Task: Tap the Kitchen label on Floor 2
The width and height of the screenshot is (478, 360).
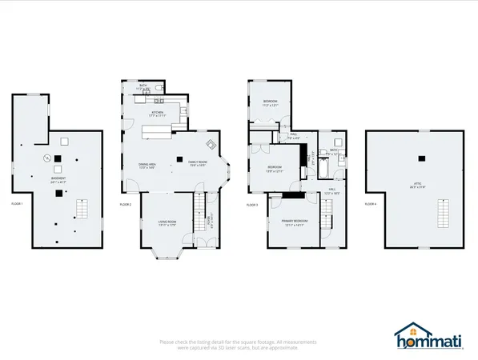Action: coord(158,114)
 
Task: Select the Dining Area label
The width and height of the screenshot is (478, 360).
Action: coord(147,165)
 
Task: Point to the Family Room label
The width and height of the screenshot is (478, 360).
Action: coord(198,164)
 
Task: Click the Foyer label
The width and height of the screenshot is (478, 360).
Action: coord(209,221)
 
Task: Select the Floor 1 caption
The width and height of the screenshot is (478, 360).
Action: coord(17,205)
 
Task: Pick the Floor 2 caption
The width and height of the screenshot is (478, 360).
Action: coord(126,205)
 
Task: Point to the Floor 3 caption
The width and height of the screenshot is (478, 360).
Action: coord(252,205)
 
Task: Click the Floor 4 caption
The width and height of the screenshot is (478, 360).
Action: coord(370,205)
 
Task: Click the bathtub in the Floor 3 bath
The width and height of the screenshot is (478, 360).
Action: coord(323,167)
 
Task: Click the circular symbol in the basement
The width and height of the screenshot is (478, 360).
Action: coord(46,158)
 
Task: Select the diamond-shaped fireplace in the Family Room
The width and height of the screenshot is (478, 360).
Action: coord(211,144)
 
